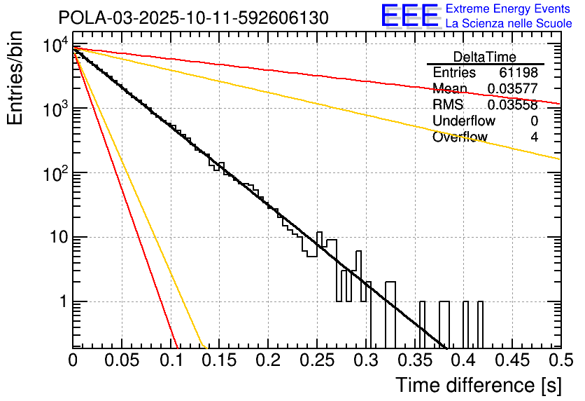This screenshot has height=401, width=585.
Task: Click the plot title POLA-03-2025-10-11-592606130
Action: click(x=193, y=18)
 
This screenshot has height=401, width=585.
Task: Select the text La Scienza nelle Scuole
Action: click(x=509, y=23)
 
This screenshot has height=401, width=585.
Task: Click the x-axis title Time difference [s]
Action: click(x=477, y=385)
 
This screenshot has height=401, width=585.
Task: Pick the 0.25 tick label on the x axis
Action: click(x=316, y=360)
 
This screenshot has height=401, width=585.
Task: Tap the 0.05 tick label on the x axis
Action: click(x=122, y=360)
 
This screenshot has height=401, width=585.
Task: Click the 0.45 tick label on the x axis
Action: click(x=512, y=360)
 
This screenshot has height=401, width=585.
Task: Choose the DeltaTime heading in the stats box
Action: click(x=485, y=57)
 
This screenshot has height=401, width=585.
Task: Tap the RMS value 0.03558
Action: click(x=512, y=105)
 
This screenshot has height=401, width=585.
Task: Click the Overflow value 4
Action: click(x=534, y=137)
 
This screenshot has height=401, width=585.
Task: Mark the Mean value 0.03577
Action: click(x=512, y=89)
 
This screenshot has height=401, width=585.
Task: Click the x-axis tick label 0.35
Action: click(x=414, y=360)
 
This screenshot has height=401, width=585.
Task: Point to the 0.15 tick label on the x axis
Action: click(x=219, y=360)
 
